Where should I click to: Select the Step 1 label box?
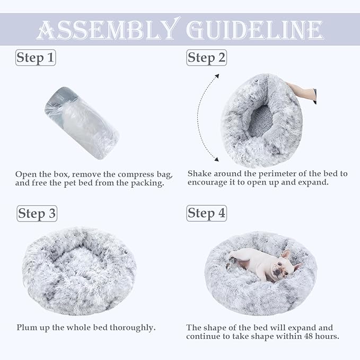(x=36, y=57)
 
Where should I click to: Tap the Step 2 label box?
(x=206, y=57)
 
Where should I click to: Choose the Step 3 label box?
(x=37, y=214)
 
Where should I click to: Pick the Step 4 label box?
(x=206, y=213)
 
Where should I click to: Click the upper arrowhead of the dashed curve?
(x=217, y=76)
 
